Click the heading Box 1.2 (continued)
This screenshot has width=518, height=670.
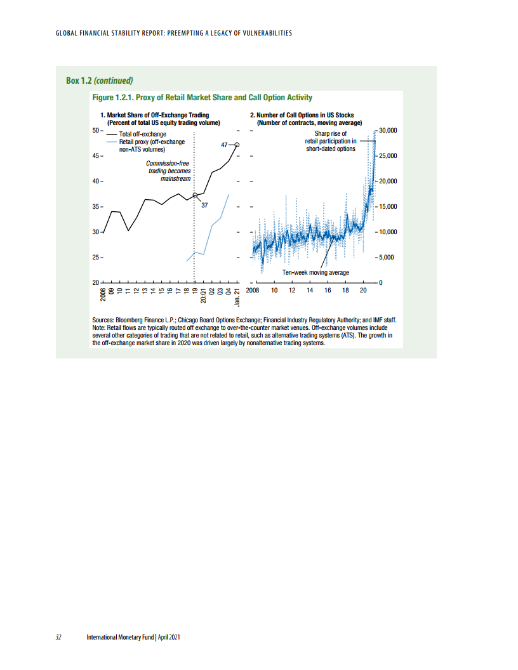[99, 81]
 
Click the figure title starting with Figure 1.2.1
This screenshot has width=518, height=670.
[203, 97]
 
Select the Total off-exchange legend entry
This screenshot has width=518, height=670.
[143, 135]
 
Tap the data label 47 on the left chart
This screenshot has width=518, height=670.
[224, 145]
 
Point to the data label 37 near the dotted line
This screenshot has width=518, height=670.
[204, 206]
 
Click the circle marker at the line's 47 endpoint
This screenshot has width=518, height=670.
[237, 145]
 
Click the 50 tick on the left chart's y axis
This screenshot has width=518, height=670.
[96, 130]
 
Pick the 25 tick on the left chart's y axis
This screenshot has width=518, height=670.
[96, 258]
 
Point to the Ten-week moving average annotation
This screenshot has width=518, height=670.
[315, 272]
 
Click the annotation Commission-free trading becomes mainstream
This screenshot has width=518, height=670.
[169, 171]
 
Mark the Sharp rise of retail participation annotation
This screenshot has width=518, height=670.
[330, 141]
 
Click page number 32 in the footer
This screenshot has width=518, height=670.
[58, 637]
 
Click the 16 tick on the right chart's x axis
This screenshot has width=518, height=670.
[328, 291]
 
